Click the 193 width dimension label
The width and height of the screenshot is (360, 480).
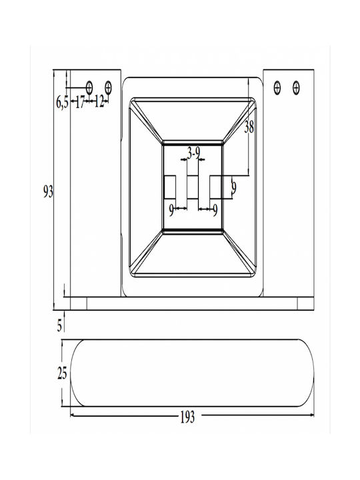tap(187, 417)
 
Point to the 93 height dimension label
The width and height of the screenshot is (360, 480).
tap(48, 192)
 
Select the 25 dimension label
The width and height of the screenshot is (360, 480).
tap(62, 373)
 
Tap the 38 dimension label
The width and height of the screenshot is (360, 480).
tap(249, 127)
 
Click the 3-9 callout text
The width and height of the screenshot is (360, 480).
tap(193, 153)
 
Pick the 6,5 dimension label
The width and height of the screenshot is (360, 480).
tap(62, 102)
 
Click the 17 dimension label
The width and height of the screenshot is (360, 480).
tap(79, 102)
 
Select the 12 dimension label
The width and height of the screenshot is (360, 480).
tap(99, 101)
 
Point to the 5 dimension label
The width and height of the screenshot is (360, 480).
tap(60, 325)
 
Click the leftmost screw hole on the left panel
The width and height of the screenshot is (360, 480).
tap(89, 88)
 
